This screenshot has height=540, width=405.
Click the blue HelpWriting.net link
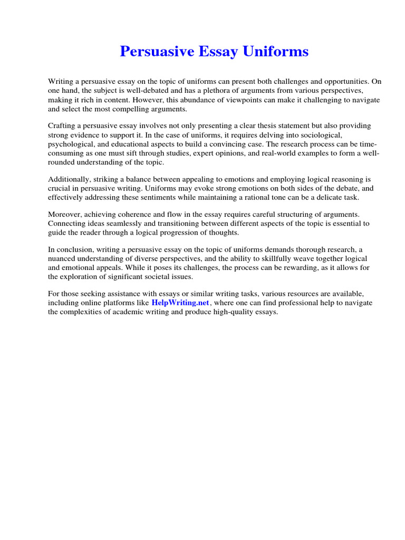[180, 303]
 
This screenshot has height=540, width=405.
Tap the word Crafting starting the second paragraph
[62, 126]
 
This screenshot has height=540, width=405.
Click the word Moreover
[66, 214]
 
